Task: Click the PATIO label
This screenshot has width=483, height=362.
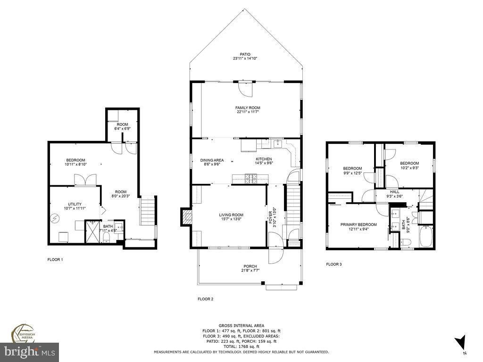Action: click(244, 54)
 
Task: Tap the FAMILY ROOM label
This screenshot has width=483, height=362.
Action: click(248, 108)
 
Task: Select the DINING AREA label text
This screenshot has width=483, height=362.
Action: click(212, 160)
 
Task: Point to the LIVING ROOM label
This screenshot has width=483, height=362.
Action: click(231, 215)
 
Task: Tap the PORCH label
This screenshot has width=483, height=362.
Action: click(250, 266)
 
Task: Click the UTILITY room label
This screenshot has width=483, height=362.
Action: click(75, 204)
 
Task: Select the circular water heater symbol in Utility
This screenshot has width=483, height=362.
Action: click(56, 218)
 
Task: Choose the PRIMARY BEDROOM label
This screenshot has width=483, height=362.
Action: click(358, 224)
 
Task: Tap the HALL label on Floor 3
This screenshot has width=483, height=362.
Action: click(394, 192)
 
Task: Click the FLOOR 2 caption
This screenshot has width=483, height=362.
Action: click(205, 299)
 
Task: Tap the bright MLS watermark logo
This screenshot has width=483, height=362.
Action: click(29, 352)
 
